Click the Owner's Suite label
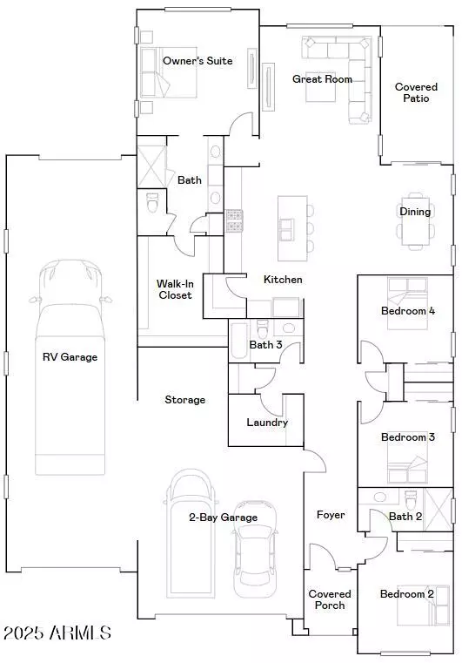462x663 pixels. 198,61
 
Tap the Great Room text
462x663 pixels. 322,79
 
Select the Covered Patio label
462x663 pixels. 417,92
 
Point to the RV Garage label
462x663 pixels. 70,356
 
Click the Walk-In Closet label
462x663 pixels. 174,289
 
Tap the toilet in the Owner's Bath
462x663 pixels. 152,204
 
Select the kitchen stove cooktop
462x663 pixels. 234,221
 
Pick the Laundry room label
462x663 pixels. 266,423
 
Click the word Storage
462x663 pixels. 184,400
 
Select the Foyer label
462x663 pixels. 331,515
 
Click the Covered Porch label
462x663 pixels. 331,599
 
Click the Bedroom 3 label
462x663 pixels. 407,437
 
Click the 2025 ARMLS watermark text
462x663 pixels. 57,633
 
